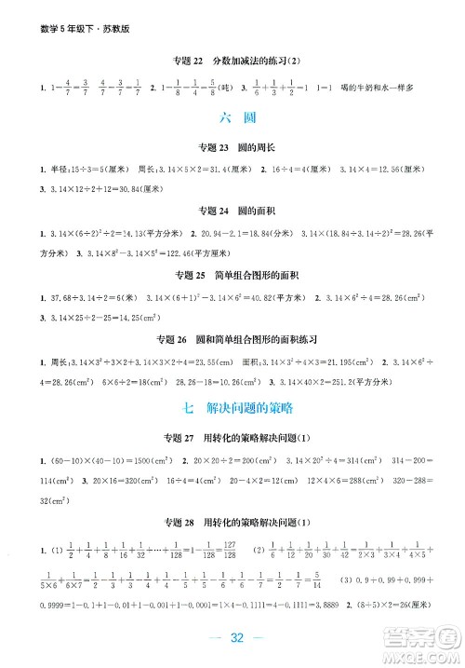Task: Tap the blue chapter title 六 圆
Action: pyautogui.click(x=232, y=118)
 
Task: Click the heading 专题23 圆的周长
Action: pyautogui.click(x=232, y=147)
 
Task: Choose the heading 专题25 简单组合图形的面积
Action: pyautogui.click(x=232, y=276)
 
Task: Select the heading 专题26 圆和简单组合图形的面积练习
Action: pyautogui.click(x=232, y=334)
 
